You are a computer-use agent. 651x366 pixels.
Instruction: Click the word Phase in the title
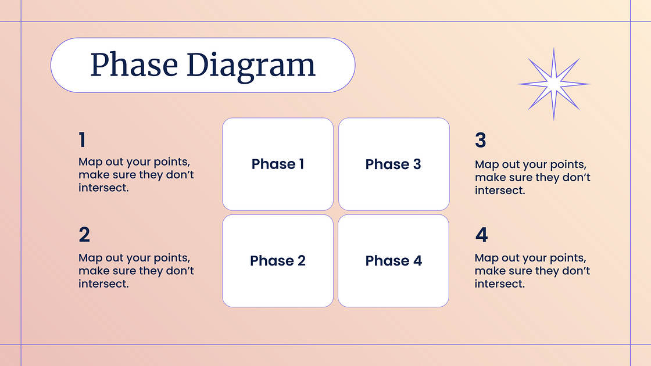pos(134,64)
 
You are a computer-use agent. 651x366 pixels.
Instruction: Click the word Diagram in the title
pos(251,66)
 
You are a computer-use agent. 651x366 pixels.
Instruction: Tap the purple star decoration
pos(554,84)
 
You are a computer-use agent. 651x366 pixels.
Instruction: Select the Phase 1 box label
pos(278,164)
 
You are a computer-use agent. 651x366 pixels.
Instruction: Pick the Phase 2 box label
pos(278,261)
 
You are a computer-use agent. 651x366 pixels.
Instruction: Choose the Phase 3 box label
pos(393,164)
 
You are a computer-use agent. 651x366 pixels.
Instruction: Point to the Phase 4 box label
pos(394,261)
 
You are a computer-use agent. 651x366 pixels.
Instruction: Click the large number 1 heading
pos(82,140)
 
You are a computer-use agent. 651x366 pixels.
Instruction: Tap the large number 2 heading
pos(84,235)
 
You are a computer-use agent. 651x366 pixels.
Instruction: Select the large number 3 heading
pos(480,140)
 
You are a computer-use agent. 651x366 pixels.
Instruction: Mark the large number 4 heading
pos(482,235)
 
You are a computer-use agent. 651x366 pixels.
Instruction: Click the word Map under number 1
pos(91,162)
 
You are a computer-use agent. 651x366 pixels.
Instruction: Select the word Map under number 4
pos(487,258)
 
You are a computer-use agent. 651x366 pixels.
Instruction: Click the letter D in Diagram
pos(196,64)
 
